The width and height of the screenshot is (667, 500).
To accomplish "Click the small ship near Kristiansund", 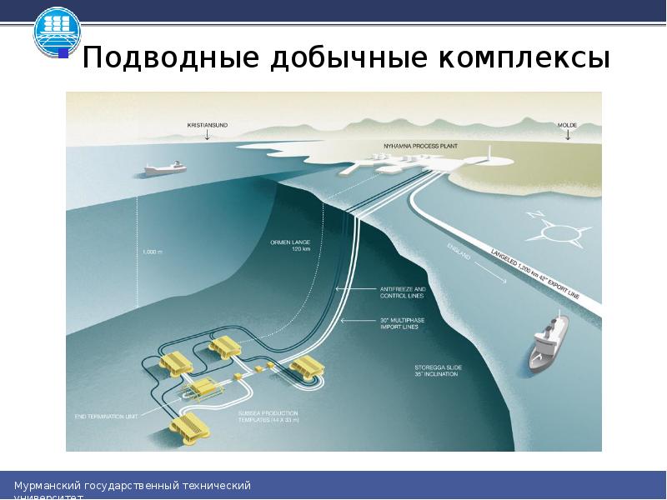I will pos(165,168).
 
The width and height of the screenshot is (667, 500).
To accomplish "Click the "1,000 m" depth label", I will pos(153,252).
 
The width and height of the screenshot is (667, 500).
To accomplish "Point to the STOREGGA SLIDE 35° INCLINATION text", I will pos(436,370).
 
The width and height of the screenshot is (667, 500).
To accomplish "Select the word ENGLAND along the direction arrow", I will pos(459,252).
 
